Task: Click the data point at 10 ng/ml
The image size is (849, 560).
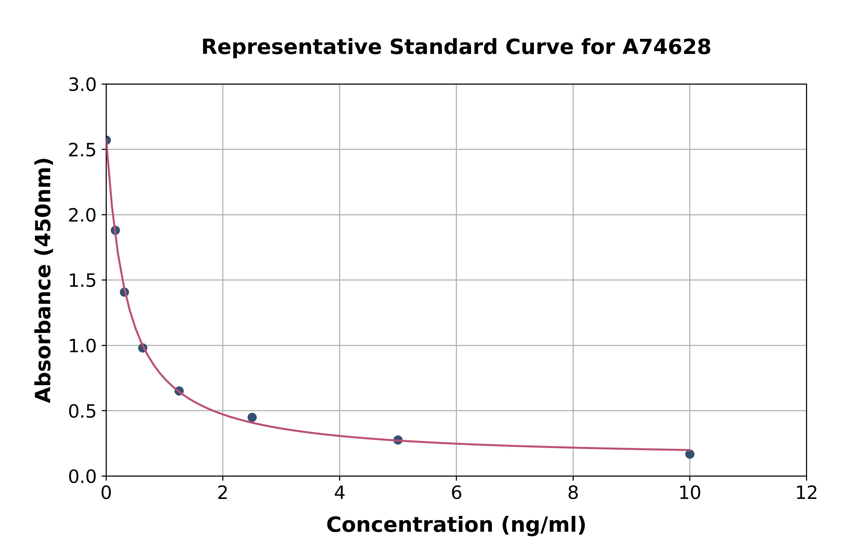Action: tap(690, 454)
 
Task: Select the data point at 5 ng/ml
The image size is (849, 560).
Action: tap(398, 440)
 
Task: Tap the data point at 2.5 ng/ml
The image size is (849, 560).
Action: tap(252, 417)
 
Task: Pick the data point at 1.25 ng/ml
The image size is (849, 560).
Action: tap(179, 391)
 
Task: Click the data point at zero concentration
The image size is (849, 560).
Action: tap(106, 140)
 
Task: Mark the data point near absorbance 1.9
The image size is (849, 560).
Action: tap(115, 230)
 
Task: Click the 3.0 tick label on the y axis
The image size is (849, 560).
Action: tap(82, 85)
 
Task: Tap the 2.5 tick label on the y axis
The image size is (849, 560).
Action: tap(82, 150)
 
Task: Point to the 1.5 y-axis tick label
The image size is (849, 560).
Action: tap(82, 281)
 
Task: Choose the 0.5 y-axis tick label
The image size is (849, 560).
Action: tap(82, 411)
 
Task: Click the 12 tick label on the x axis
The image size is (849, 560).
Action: tap(806, 493)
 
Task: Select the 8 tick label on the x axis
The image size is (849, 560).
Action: tap(573, 493)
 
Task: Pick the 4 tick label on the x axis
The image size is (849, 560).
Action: tap(339, 493)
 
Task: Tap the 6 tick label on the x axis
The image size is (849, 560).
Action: tap(456, 493)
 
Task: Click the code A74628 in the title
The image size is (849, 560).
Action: tap(666, 47)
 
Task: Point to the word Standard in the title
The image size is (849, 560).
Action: tap(443, 47)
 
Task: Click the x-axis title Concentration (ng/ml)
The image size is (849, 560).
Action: tap(456, 525)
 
